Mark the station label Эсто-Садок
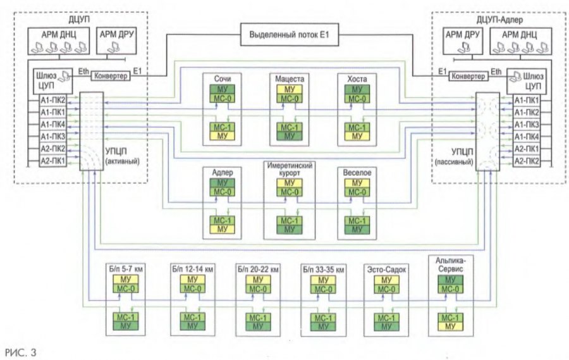[x=386, y=270]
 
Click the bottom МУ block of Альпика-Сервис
[x=450, y=326]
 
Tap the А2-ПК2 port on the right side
[x=526, y=161]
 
